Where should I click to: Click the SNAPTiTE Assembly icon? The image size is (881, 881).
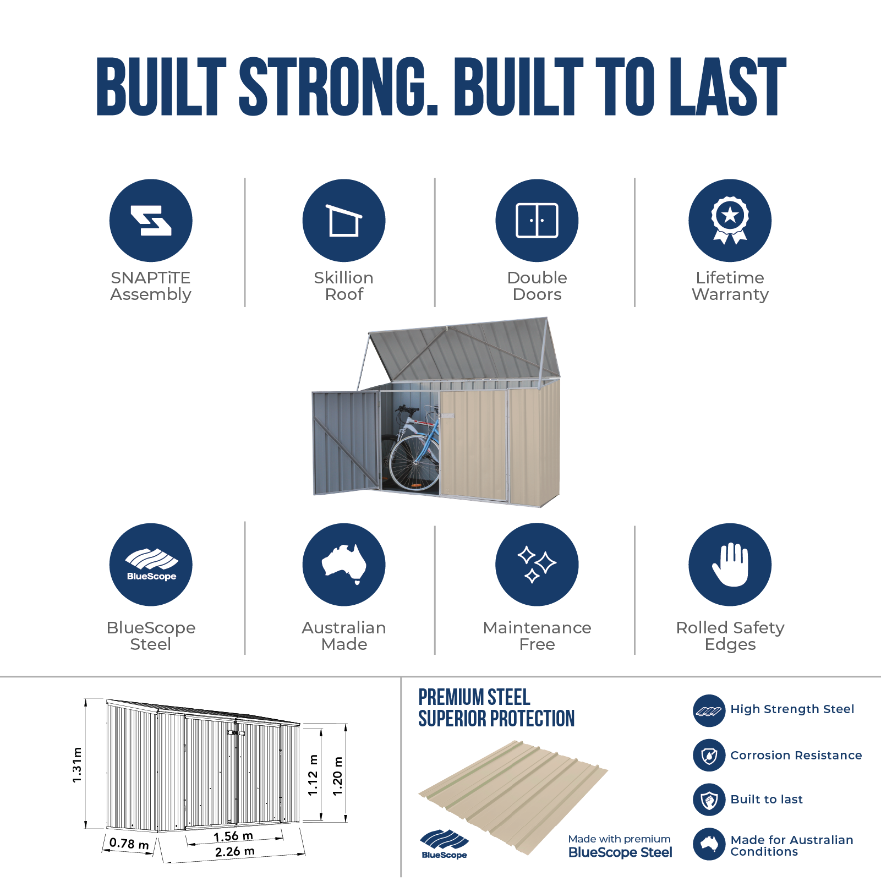[x=151, y=220]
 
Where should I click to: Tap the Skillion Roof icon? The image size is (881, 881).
[x=344, y=220]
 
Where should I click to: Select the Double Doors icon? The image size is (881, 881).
[x=537, y=220]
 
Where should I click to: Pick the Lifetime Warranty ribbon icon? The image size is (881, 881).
[x=730, y=220]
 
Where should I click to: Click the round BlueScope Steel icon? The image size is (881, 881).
[x=151, y=565]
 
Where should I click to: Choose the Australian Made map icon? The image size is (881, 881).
[x=344, y=565]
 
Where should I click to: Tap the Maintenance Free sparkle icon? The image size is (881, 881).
[x=537, y=565]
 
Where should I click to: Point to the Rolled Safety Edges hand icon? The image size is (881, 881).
[x=730, y=565]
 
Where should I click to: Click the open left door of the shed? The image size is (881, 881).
[x=346, y=442]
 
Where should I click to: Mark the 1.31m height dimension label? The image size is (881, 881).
[x=77, y=764]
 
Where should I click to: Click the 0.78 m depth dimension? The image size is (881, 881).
[x=129, y=843]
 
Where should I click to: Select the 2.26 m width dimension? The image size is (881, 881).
[x=235, y=852]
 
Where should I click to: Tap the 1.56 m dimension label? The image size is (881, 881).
[x=233, y=836]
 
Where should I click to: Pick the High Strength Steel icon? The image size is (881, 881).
[x=709, y=710]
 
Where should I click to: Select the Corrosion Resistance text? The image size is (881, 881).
[x=796, y=756]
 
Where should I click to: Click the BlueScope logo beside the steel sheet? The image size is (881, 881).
[x=444, y=844]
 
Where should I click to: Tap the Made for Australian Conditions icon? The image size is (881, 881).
[x=709, y=844]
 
